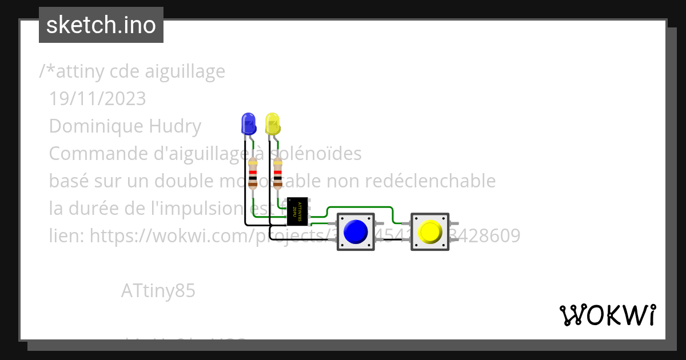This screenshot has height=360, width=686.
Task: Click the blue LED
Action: [x=249, y=124]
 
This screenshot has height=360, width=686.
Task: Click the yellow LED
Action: [x=273, y=124]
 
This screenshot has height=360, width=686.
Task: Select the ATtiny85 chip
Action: [x=297, y=211]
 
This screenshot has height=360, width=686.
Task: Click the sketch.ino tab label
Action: [x=101, y=25]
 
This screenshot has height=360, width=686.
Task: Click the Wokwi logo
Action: [x=607, y=315]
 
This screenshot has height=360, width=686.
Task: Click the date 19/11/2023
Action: [x=97, y=99]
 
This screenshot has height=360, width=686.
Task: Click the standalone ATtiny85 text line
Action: [x=158, y=291]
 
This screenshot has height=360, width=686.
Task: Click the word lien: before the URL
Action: [x=67, y=235]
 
